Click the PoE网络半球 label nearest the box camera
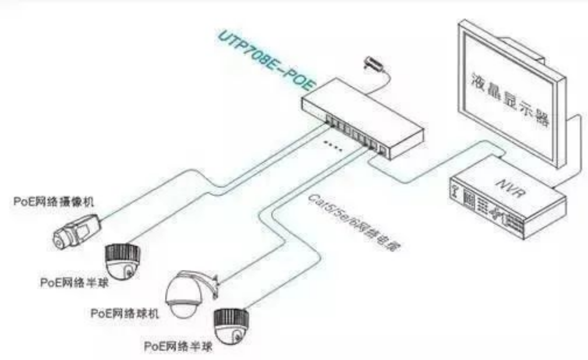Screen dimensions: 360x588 tap(74, 282)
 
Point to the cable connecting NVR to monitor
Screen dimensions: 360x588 tap(575, 150)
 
